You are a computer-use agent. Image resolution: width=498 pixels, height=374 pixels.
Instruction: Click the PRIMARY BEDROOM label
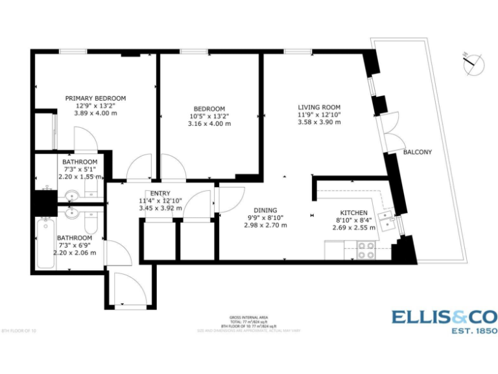tap(95, 98)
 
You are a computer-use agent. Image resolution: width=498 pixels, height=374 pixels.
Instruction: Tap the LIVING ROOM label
tap(319, 107)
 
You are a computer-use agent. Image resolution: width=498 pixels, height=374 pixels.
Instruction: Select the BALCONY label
tap(417, 152)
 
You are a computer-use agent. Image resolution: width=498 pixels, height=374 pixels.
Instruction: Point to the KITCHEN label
tap(354, 213)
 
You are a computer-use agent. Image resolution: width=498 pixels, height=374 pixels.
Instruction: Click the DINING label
tap(265, 210)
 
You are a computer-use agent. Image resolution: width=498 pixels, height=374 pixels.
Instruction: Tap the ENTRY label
tap(160, 193)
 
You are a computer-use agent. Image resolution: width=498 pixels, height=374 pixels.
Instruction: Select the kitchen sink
tap(388, 221)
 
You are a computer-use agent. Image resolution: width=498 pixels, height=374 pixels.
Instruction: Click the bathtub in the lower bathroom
tap(45, 243)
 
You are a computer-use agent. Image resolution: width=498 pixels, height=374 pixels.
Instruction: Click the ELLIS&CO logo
tap(444, 317)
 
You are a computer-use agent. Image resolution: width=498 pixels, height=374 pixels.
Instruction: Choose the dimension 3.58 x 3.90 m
tap(319, 122)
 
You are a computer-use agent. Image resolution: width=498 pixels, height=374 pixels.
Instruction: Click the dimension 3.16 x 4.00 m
tap(209, 123)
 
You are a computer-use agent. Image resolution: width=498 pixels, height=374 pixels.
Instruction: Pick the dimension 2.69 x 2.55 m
tap(354, 228)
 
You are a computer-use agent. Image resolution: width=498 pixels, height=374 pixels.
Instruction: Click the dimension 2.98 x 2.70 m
tap(265, 225)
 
